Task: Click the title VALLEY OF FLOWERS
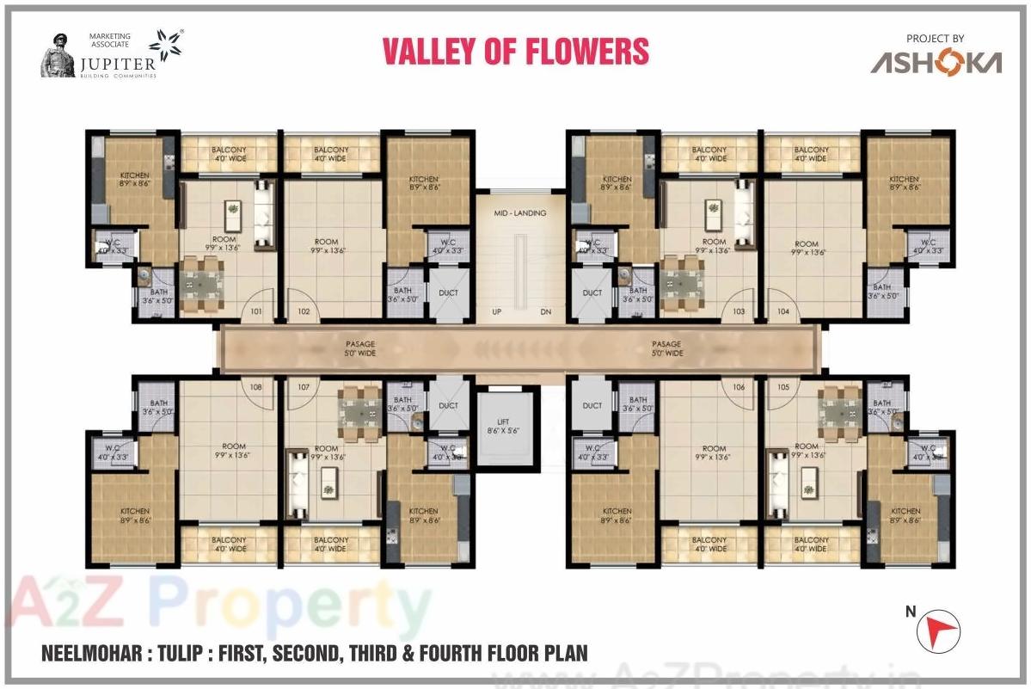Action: [515, 52]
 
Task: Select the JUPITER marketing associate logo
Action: [112, 55]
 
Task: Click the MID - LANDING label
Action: [519, 213]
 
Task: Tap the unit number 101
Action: [256, 311]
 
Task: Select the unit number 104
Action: [782, 311]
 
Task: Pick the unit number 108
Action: [256, 387]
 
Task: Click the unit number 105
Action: [782, 387]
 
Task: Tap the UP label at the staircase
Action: [496, 311]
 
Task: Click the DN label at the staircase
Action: [545, 311]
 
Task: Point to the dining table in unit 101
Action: [203, 281]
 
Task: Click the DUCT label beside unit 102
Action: [448, 293]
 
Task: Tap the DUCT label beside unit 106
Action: [592, 406]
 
